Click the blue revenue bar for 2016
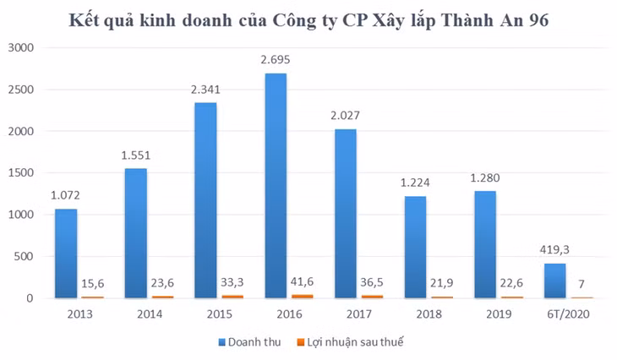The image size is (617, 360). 276,186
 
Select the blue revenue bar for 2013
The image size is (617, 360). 66,254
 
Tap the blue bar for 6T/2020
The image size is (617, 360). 554,281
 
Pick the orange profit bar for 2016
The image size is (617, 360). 302,296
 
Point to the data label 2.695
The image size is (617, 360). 276,58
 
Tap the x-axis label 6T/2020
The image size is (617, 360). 568,314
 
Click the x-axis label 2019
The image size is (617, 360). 498,314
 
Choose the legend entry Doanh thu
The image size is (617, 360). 249,342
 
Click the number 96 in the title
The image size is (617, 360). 533,20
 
